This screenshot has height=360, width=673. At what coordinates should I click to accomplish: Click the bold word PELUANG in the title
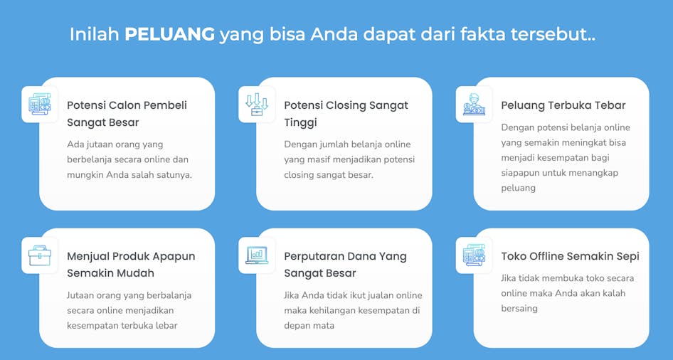(x=169, y=34)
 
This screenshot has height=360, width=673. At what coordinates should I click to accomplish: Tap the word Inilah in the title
(x=95, y=34)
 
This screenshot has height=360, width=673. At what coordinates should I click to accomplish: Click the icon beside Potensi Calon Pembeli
(x=40, y=105)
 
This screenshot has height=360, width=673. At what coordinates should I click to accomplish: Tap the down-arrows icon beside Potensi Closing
(x=257, y=105)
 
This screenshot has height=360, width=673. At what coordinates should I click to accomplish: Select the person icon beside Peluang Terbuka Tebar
(x=474, y=105)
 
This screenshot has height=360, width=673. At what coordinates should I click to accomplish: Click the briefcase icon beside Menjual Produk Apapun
(x=40, y=255)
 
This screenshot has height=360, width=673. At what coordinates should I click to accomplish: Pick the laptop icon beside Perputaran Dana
(x=257, y=255)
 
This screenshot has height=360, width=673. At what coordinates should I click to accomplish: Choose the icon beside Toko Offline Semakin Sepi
(x=474, y=255)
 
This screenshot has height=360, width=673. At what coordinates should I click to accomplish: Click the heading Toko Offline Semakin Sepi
(x=570, y=256)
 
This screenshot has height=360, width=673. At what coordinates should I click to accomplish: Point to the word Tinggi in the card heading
(x=300, y=122)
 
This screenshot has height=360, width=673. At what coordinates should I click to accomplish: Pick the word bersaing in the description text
(x=519, y=309)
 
